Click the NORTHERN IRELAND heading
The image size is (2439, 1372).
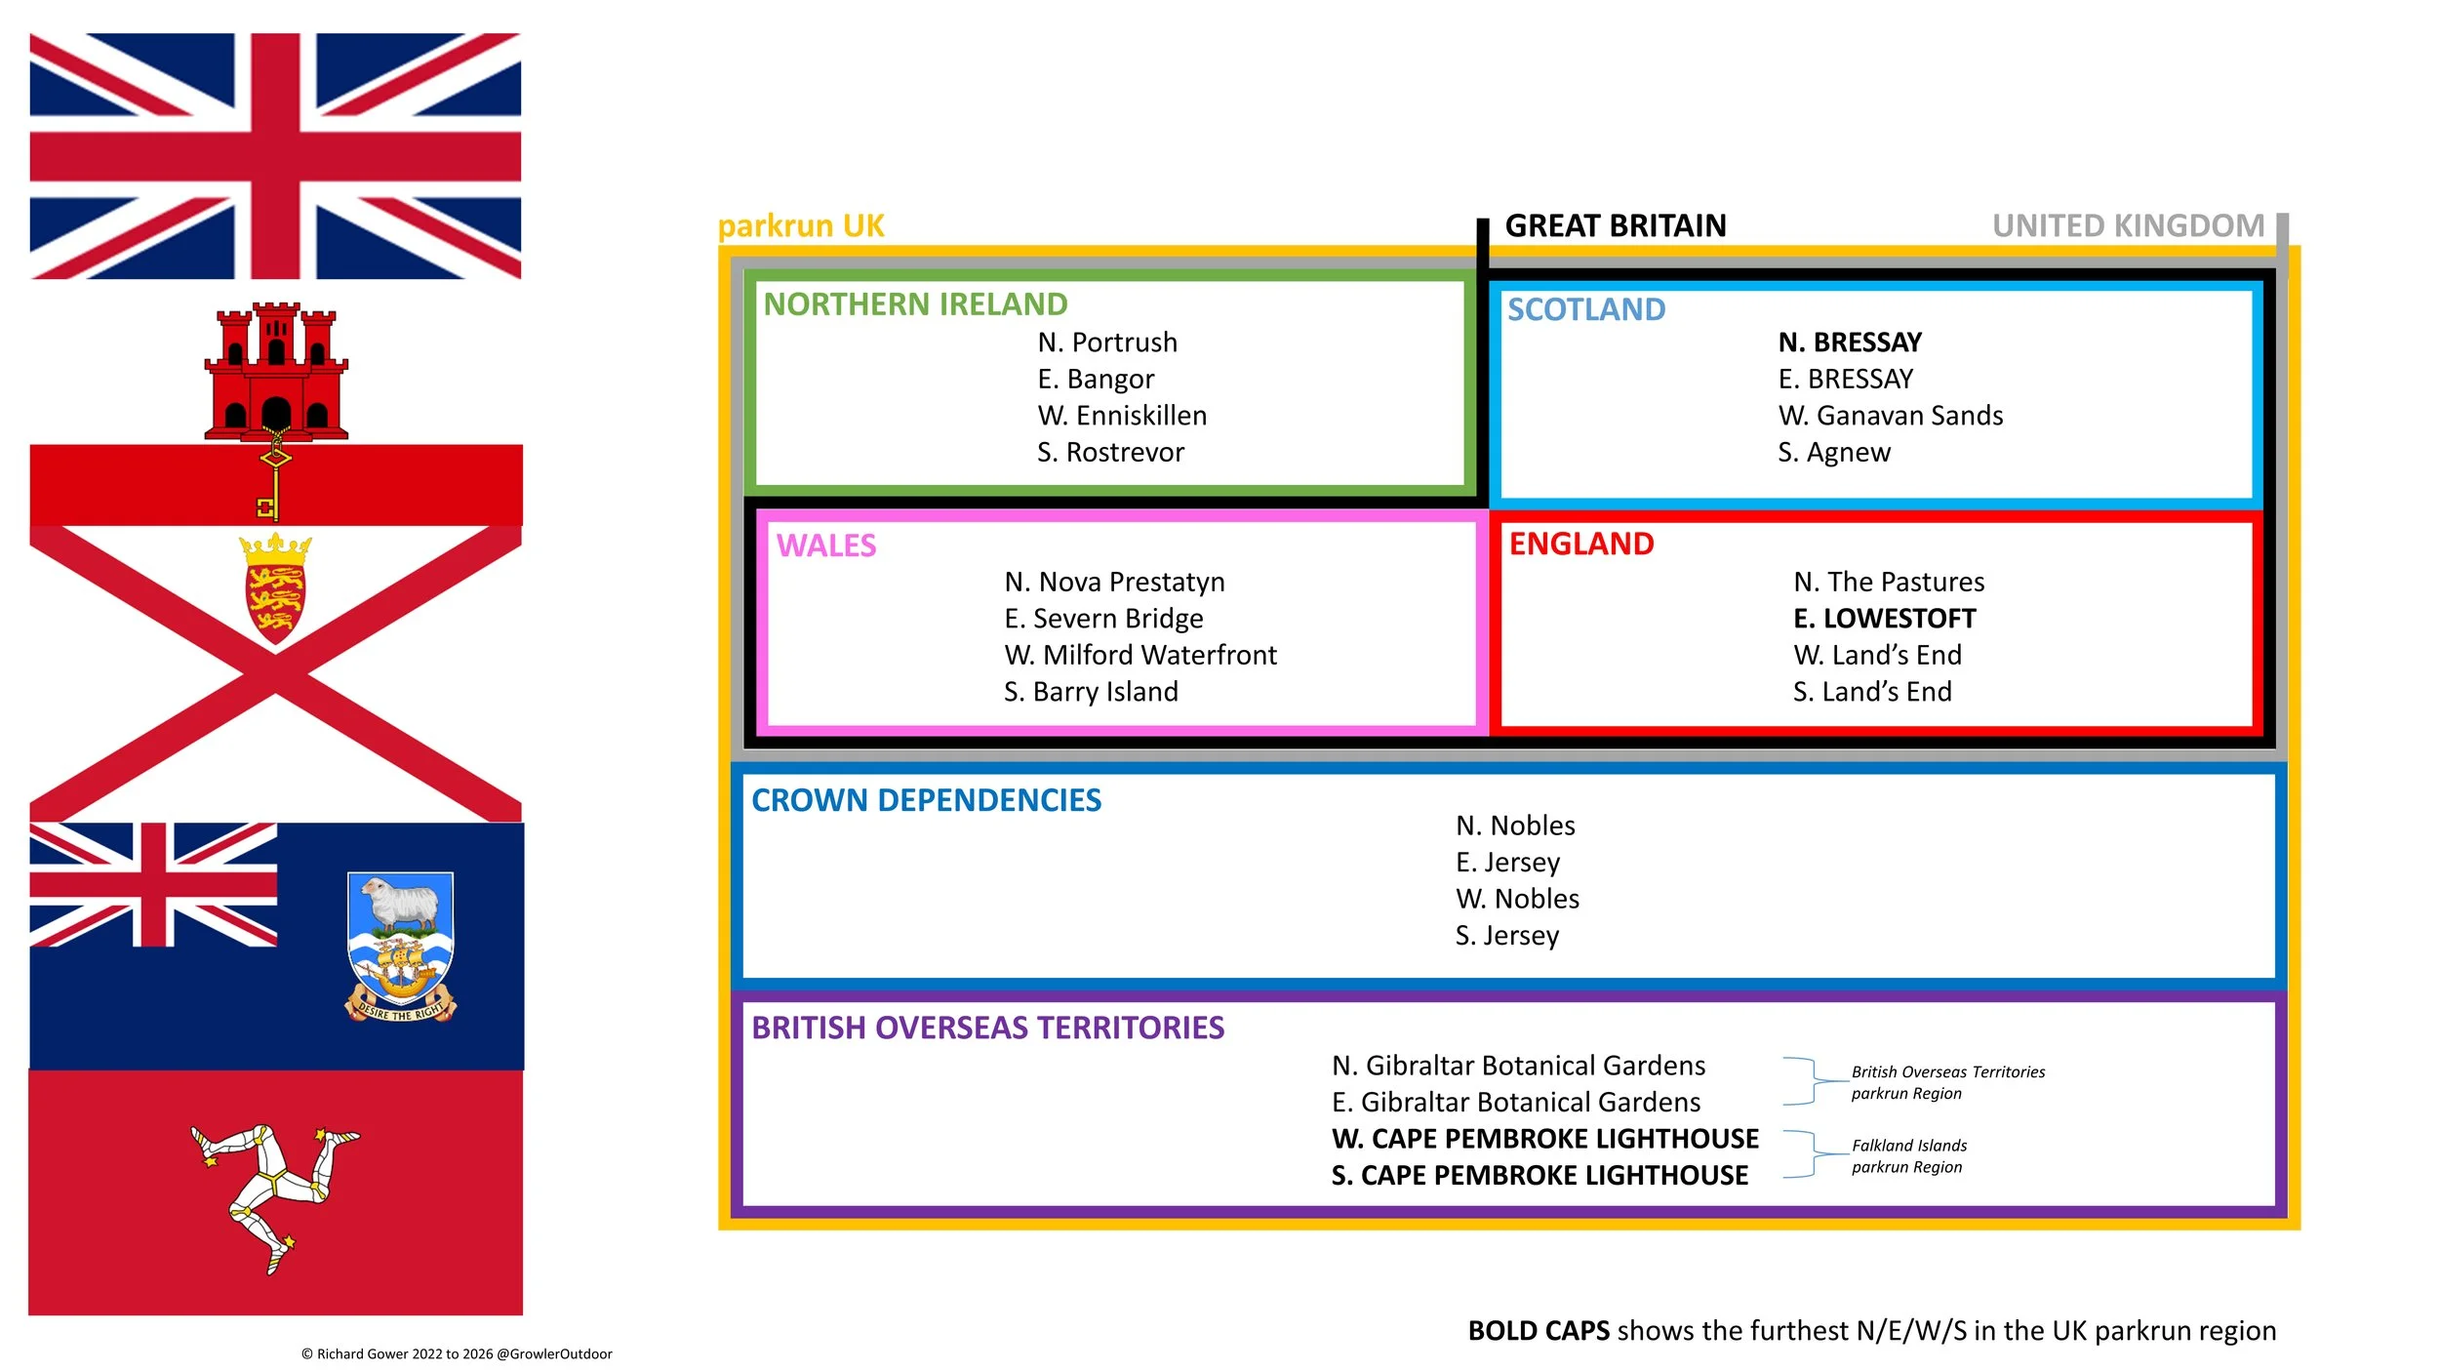[x=915, y=304]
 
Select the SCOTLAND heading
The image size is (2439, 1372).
[x=1586, y=309]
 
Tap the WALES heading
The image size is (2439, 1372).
[x=826, y=545]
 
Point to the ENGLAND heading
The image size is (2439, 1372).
[x=1581, y=544]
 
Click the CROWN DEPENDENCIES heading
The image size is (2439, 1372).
[x=926, y=800]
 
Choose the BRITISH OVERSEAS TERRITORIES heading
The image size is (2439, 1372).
[x=987, y=1028]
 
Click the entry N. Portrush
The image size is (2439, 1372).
[x=1107, y=343]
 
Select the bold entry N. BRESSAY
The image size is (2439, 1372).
[x=1850, y=343]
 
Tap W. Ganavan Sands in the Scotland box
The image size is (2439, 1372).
[x=1891, y=416]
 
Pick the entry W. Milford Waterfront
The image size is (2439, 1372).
[x=1140, y=655]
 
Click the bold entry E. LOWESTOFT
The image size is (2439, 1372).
[x=1885, y=619]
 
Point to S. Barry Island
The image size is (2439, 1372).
[x=1091, y=692]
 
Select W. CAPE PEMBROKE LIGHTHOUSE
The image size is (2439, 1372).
[x=1545, y=1139]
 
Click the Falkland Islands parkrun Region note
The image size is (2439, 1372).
[x=1909, y=1156]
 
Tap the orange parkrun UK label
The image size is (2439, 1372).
[x=801, y=226]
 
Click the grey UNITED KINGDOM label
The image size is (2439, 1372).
[x=2128, y=226]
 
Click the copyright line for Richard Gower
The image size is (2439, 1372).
[x=457, y=1353]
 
